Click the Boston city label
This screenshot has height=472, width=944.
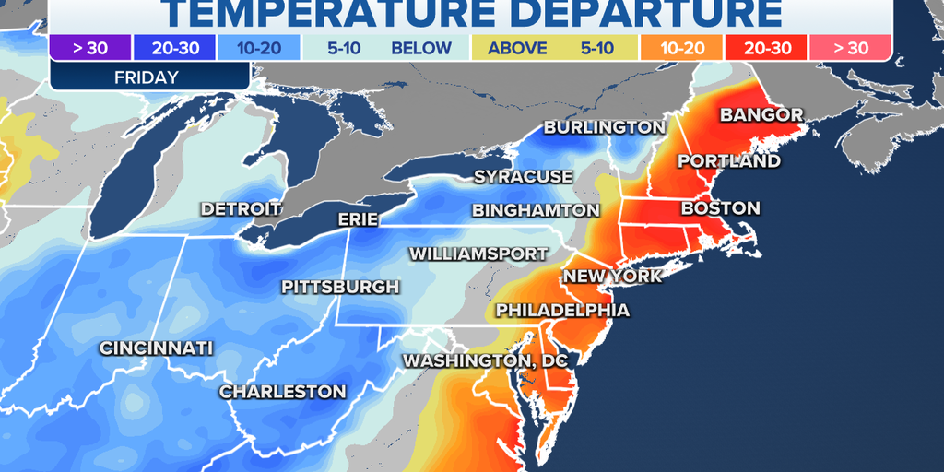(x=720, y=209)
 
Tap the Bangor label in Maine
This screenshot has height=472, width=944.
(x=761, y=115)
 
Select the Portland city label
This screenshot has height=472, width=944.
(x=728, y=161)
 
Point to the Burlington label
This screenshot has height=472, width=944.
(x=604, y=127)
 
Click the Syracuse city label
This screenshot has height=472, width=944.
(x=523, y=176)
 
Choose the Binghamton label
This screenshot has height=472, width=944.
(x=535, y=210)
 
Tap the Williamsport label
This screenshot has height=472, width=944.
(x=466, y=253)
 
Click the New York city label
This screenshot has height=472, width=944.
(x=612, y=276)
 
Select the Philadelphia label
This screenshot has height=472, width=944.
(x=562, y=310)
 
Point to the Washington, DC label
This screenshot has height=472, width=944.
(x=483, y=360)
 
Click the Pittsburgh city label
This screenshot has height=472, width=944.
(x=340, y=287)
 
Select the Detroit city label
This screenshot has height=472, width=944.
(x=240, y=209)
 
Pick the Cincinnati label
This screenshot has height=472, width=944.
(x=156, y=348)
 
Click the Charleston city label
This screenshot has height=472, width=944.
(x=282, y=392)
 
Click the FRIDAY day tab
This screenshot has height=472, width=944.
(x=147, y=77)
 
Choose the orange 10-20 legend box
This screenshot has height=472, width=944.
(x=680, y=48)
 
